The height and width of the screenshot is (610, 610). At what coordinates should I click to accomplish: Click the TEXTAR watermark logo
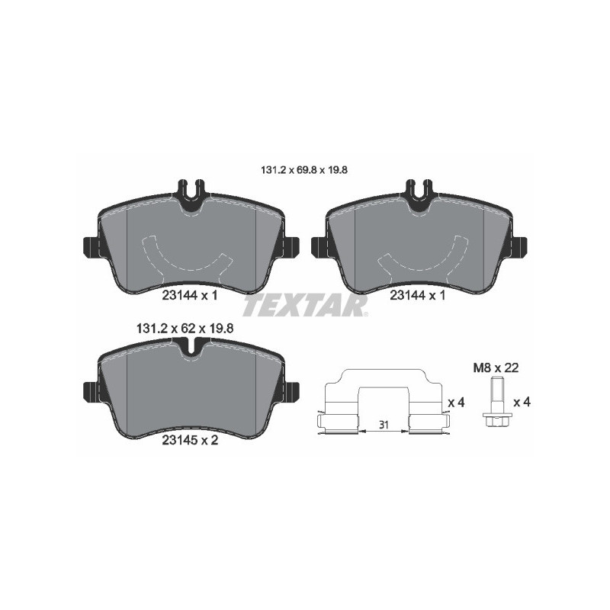(x=305, y=306)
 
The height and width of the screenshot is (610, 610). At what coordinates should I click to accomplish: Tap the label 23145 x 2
(x=190, y=439)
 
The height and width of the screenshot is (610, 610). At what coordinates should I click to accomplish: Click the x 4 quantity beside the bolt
(x=522, y=402)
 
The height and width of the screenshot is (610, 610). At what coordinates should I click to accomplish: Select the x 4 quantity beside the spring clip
(x=456, y=402)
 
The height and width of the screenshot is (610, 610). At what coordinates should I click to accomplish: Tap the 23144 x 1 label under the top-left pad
(x=190, y=295)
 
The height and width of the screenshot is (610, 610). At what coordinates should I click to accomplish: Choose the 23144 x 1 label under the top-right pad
(x=417, y=295)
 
